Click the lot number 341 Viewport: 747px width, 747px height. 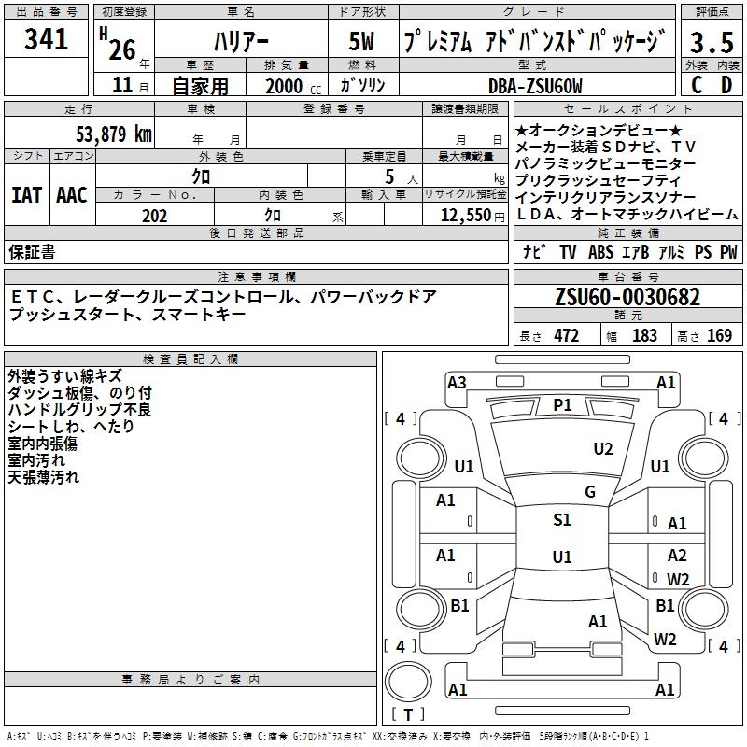point(47,39)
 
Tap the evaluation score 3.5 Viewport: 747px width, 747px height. point(712,43)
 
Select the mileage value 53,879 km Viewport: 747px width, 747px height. point(113,134)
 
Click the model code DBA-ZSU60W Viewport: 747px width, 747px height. point(535,86)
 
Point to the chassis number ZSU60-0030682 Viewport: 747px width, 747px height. point(627,297)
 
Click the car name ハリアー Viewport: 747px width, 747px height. point(241,43)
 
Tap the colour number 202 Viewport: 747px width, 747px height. point(154,216)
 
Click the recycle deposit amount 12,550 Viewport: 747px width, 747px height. point(463,216)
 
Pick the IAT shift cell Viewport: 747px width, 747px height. point(26,195)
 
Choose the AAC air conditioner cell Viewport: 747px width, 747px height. point(72,195)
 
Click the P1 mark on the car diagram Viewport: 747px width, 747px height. point(562,404)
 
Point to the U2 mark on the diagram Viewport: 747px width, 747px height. point(603,449)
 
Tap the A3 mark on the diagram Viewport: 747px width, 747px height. point(457,382)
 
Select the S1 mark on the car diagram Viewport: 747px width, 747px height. point(561,520)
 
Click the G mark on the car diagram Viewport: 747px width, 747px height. point(589,492)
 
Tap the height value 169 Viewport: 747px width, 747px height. point(719,336)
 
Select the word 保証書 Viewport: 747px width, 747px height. point(32,252)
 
